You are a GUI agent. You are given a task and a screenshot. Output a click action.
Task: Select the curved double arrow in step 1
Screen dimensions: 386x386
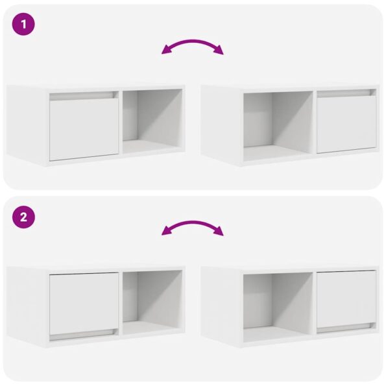193,45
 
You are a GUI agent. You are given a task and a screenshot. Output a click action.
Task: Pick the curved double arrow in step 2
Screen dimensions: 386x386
193,226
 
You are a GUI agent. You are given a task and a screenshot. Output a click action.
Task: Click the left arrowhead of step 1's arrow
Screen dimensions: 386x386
165,52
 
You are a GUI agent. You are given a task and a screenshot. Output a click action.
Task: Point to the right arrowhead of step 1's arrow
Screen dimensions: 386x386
220,52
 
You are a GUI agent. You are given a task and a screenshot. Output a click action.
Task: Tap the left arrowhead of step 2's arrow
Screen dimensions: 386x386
165,233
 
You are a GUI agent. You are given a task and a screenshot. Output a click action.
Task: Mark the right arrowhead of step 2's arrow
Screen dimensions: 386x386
220,233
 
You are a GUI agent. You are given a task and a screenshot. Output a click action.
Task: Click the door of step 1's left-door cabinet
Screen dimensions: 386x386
84,129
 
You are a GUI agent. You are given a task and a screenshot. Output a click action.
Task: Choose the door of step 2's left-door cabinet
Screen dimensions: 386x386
84,302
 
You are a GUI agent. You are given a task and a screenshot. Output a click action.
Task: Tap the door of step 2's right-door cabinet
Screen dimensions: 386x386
346,298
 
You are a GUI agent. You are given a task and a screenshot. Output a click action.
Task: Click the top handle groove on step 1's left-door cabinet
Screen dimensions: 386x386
84,95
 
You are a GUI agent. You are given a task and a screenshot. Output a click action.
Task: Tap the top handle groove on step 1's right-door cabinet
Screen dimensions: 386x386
346,93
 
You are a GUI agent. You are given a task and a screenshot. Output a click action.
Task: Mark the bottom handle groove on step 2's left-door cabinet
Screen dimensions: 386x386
84,336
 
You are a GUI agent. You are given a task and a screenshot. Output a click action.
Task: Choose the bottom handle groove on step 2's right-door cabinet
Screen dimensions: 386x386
346,329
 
